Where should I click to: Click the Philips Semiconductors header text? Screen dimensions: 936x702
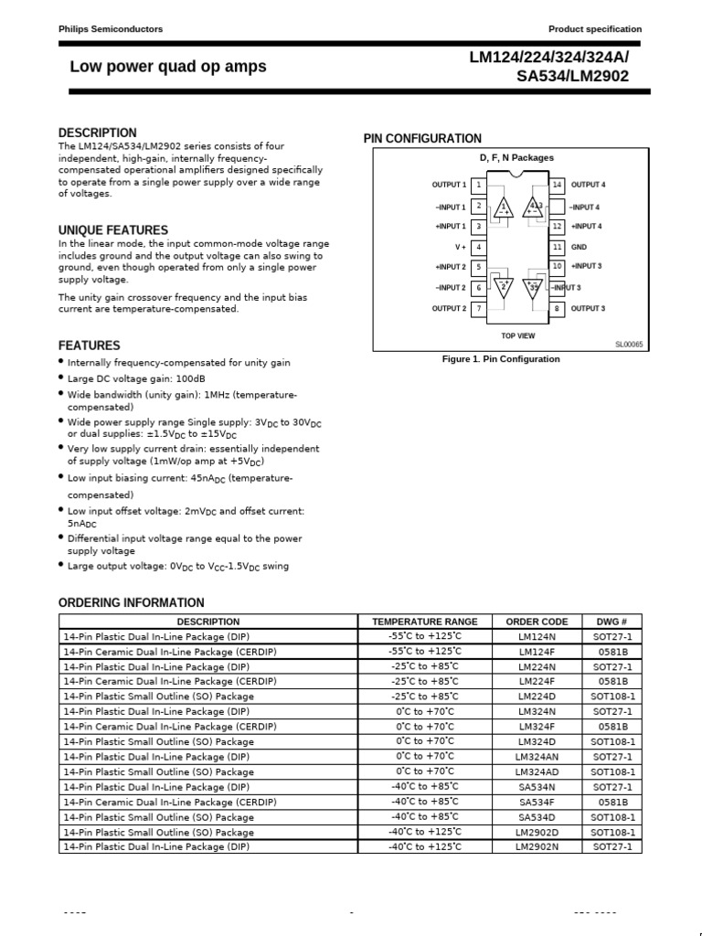tap(111, 29)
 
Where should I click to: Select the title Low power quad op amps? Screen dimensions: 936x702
tap(168, 67)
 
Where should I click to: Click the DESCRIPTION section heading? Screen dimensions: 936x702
tap(97, 133)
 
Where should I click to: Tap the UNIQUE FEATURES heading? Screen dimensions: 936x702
tap(113, 230)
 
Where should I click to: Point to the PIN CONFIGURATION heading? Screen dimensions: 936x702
tap(422, 139)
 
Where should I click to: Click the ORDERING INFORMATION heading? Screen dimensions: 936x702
tap(132, 602)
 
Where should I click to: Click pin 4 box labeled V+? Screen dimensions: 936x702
tap(479, 247)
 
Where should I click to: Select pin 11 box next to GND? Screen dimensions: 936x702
tap(557, 247)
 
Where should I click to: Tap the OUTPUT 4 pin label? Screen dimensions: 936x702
tap(589, 185)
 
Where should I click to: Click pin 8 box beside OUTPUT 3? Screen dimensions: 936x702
tap(557, 309)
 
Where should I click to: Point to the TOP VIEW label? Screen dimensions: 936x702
tap(517, 335)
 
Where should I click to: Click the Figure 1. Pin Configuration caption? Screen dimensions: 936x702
tap(501, 359)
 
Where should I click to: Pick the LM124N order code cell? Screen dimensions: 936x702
tap(537, 636)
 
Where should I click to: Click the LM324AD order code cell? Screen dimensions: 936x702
tap(537, 771)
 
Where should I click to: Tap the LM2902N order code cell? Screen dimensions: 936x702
tap(537, 847)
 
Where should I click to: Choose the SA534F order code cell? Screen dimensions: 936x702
tap(537, 802)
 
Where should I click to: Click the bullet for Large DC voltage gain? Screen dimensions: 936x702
tap(61, 378)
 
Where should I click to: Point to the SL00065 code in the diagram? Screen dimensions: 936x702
tap(629, 345)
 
